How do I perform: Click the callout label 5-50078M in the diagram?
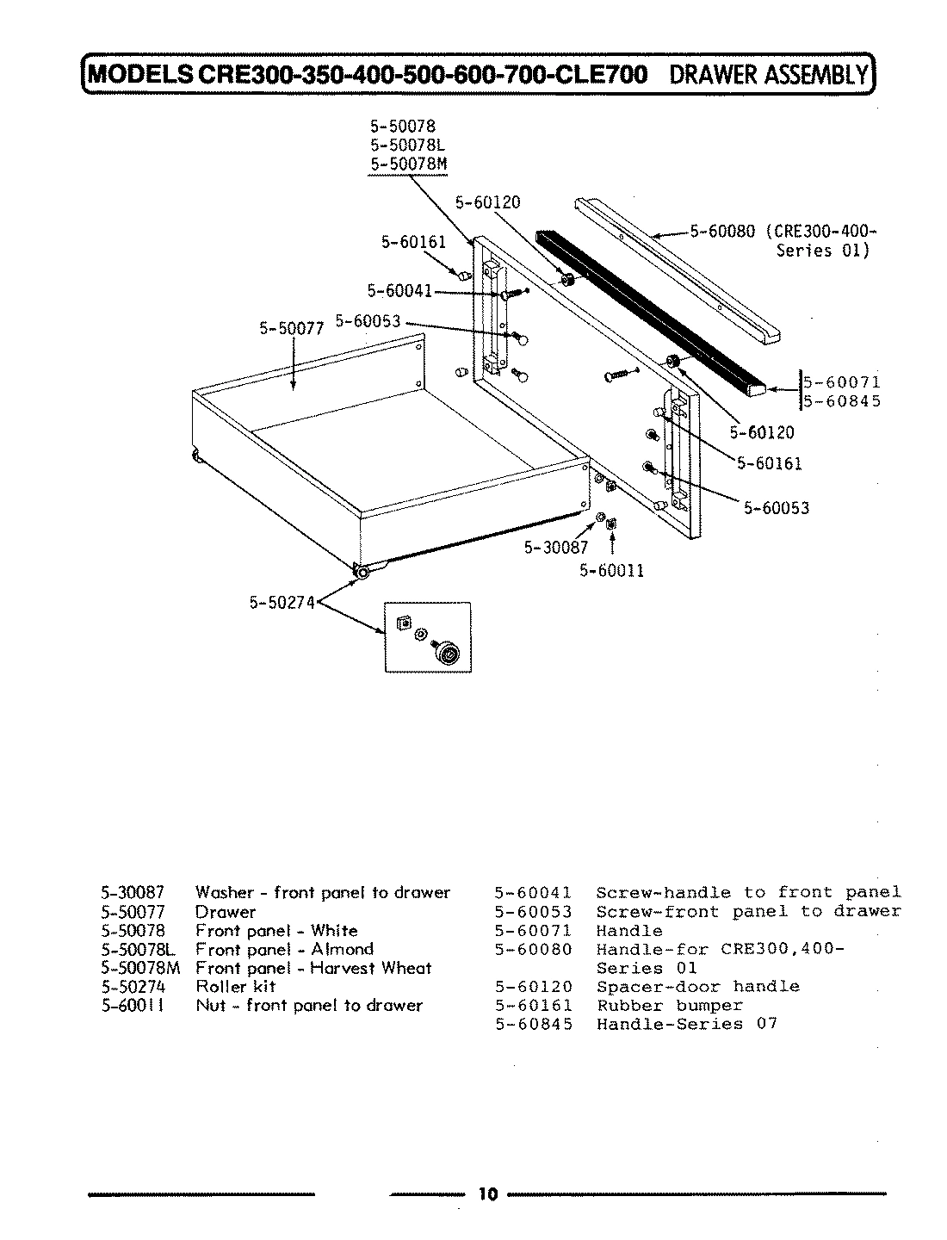click(x=409, y=164)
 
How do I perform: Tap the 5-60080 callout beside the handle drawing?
click(x=721, y=231)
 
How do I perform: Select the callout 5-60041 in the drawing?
click(x=399, y=291)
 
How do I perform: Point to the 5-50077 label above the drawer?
click(x=291, y=327)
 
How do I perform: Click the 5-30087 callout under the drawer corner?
click(x=556, y=547)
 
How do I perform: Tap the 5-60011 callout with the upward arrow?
click(x=611, y=569)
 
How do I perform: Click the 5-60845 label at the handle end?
click(x=841, y=400)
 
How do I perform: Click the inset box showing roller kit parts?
click(x=427, y=636)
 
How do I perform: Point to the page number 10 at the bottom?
click(x=487, y=1193)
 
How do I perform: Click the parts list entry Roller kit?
click(x=235, y=986)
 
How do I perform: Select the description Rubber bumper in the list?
click(x=670, y=1005)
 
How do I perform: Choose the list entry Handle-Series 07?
click(x=687, y=1024)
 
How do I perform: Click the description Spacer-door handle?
click(x=697, y=986)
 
